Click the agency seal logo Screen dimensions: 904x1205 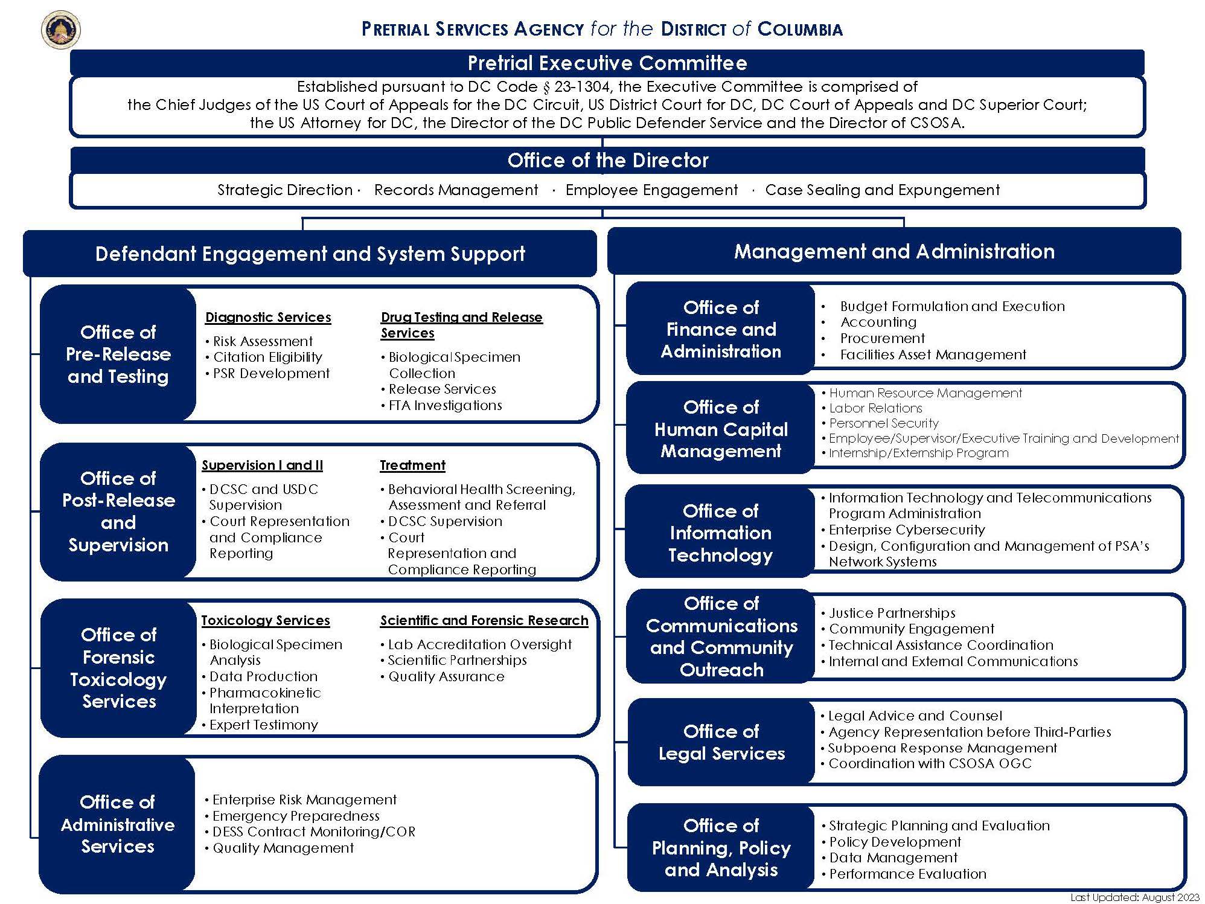point(61,30)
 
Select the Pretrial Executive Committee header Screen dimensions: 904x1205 point(607,63)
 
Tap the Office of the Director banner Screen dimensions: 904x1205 point(607,160)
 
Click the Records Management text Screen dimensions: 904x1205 point(456,190)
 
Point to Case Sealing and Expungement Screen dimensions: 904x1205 point(882,190)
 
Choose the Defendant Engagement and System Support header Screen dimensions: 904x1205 point(310,254)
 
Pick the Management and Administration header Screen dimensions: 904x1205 point(894,251)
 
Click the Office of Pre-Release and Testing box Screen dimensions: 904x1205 point(118,354)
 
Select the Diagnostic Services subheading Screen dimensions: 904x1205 point(268,317)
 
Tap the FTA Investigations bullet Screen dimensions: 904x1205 point(445,406)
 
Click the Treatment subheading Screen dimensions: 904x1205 point(412,465)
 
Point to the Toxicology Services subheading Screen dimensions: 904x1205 point(266,620)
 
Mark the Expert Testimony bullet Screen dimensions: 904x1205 point(263,725)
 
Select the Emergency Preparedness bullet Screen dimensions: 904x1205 point(296,816)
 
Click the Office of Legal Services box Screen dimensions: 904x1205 point(721,742)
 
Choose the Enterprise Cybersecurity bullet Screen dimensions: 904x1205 point(906,530)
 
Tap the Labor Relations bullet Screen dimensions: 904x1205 point(875,408)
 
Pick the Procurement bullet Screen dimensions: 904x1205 point(882,338)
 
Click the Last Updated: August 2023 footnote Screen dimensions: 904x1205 point(1134,897)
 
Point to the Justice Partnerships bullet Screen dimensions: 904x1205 point(892,613)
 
